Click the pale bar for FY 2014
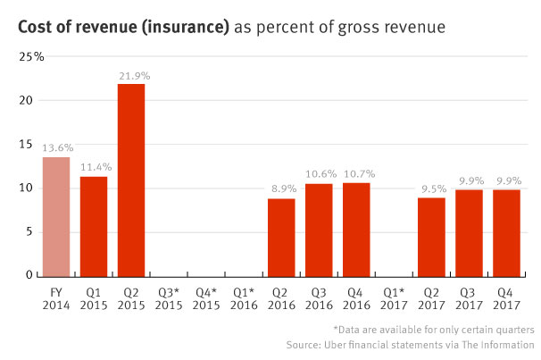pyautogui.click(x=56, y=216)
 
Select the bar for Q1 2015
pyautogui.click(x=94, y=226)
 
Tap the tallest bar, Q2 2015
pyautogui.click(x=131, y=180)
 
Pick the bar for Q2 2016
pyautogui.click(x=281, y=237)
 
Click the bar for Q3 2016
pyautogui.click(x=319, y=230)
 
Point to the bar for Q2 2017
pyautogui.click(x=431, y=237)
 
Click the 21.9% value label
pyautogui.click(x=131, y=73)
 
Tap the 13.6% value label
pyautogui.click(x=56, y=147)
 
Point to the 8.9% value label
pyautogui.click(x=281, y=188)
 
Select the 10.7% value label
pyautogui.click(x=356, y=172)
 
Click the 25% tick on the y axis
pyautogui.click(x=33, y=57)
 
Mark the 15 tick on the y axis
pyautogui.click(x=27, y=145)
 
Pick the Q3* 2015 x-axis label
pyautogui.click(x=169, y=297)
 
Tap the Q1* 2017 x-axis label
pyautogui.click(x=394, y=297)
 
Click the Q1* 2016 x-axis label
pyautogui.click(x=244, y=297)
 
